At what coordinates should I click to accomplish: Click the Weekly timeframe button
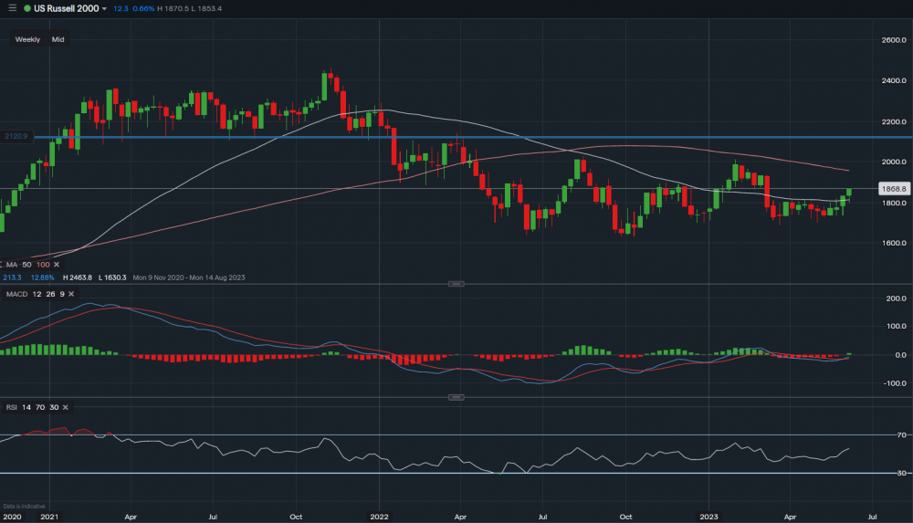point(27,39)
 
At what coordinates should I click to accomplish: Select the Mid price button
point(58,39)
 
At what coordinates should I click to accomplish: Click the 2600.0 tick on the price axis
point(893,40)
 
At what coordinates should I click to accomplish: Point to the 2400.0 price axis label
point(893,80)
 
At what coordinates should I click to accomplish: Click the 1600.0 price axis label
point(893,243)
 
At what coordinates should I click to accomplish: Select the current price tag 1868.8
point(892,189)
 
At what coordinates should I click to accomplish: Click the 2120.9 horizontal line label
point(17,136)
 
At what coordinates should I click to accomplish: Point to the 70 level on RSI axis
point(901,435)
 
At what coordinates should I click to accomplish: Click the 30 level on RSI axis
point(901,473)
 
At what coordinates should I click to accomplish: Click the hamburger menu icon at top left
point(12,8)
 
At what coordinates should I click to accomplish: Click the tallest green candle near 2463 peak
point(326,87)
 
